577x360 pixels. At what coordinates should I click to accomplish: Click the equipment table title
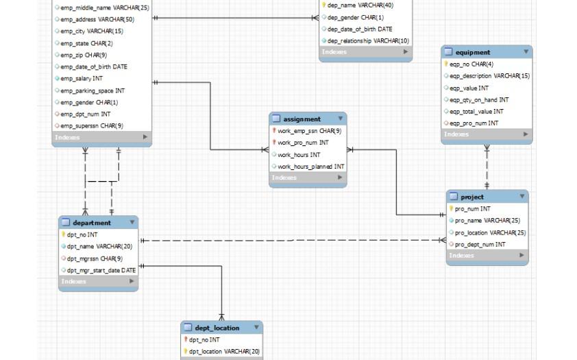tap(472, 52)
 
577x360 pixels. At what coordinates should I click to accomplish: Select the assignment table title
tap(302, 119)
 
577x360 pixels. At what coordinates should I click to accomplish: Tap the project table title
tap(471, 197)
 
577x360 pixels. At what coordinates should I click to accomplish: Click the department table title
tap(91, 223)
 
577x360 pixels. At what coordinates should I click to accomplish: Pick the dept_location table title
tap(217, 328)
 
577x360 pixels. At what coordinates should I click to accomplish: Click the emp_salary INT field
tap(82, 79)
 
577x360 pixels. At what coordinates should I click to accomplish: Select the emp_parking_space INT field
tap(93, 91)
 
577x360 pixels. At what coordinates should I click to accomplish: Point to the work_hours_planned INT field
tap(310, 167)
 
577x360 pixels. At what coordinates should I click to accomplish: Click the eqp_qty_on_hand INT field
tap(479, 100)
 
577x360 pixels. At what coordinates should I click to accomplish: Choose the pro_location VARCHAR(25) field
tap(490, 232)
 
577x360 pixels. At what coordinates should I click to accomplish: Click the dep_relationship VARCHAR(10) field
tap(368, 40)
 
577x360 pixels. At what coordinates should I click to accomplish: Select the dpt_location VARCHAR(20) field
tap(224, 352)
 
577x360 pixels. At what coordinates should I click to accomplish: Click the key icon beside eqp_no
tap(446, 64)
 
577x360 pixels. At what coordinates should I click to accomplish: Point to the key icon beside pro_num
tap(451, 209)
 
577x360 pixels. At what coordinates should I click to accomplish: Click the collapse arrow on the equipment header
tap(526, 51)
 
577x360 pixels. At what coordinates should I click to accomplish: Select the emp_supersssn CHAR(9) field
tap(92, 125)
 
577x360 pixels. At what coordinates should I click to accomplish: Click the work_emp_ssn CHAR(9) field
tap(309, 131)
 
